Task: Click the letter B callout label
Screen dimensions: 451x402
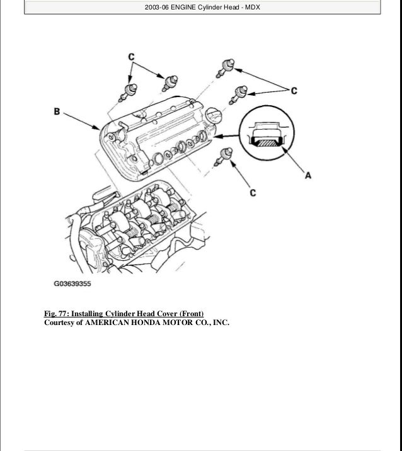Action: (57, 112)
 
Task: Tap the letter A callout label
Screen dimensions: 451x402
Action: (308, 176)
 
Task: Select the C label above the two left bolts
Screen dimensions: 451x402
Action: (132, 57)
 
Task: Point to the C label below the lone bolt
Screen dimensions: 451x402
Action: (252, 193)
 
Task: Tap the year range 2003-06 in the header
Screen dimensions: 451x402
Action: (158, 7)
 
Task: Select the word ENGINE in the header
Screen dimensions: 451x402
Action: (188, 7)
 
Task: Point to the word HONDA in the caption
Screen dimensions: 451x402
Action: (146, 323)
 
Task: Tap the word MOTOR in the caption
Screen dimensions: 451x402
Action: (181, 323)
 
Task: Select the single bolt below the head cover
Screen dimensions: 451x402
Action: (223, 155)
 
